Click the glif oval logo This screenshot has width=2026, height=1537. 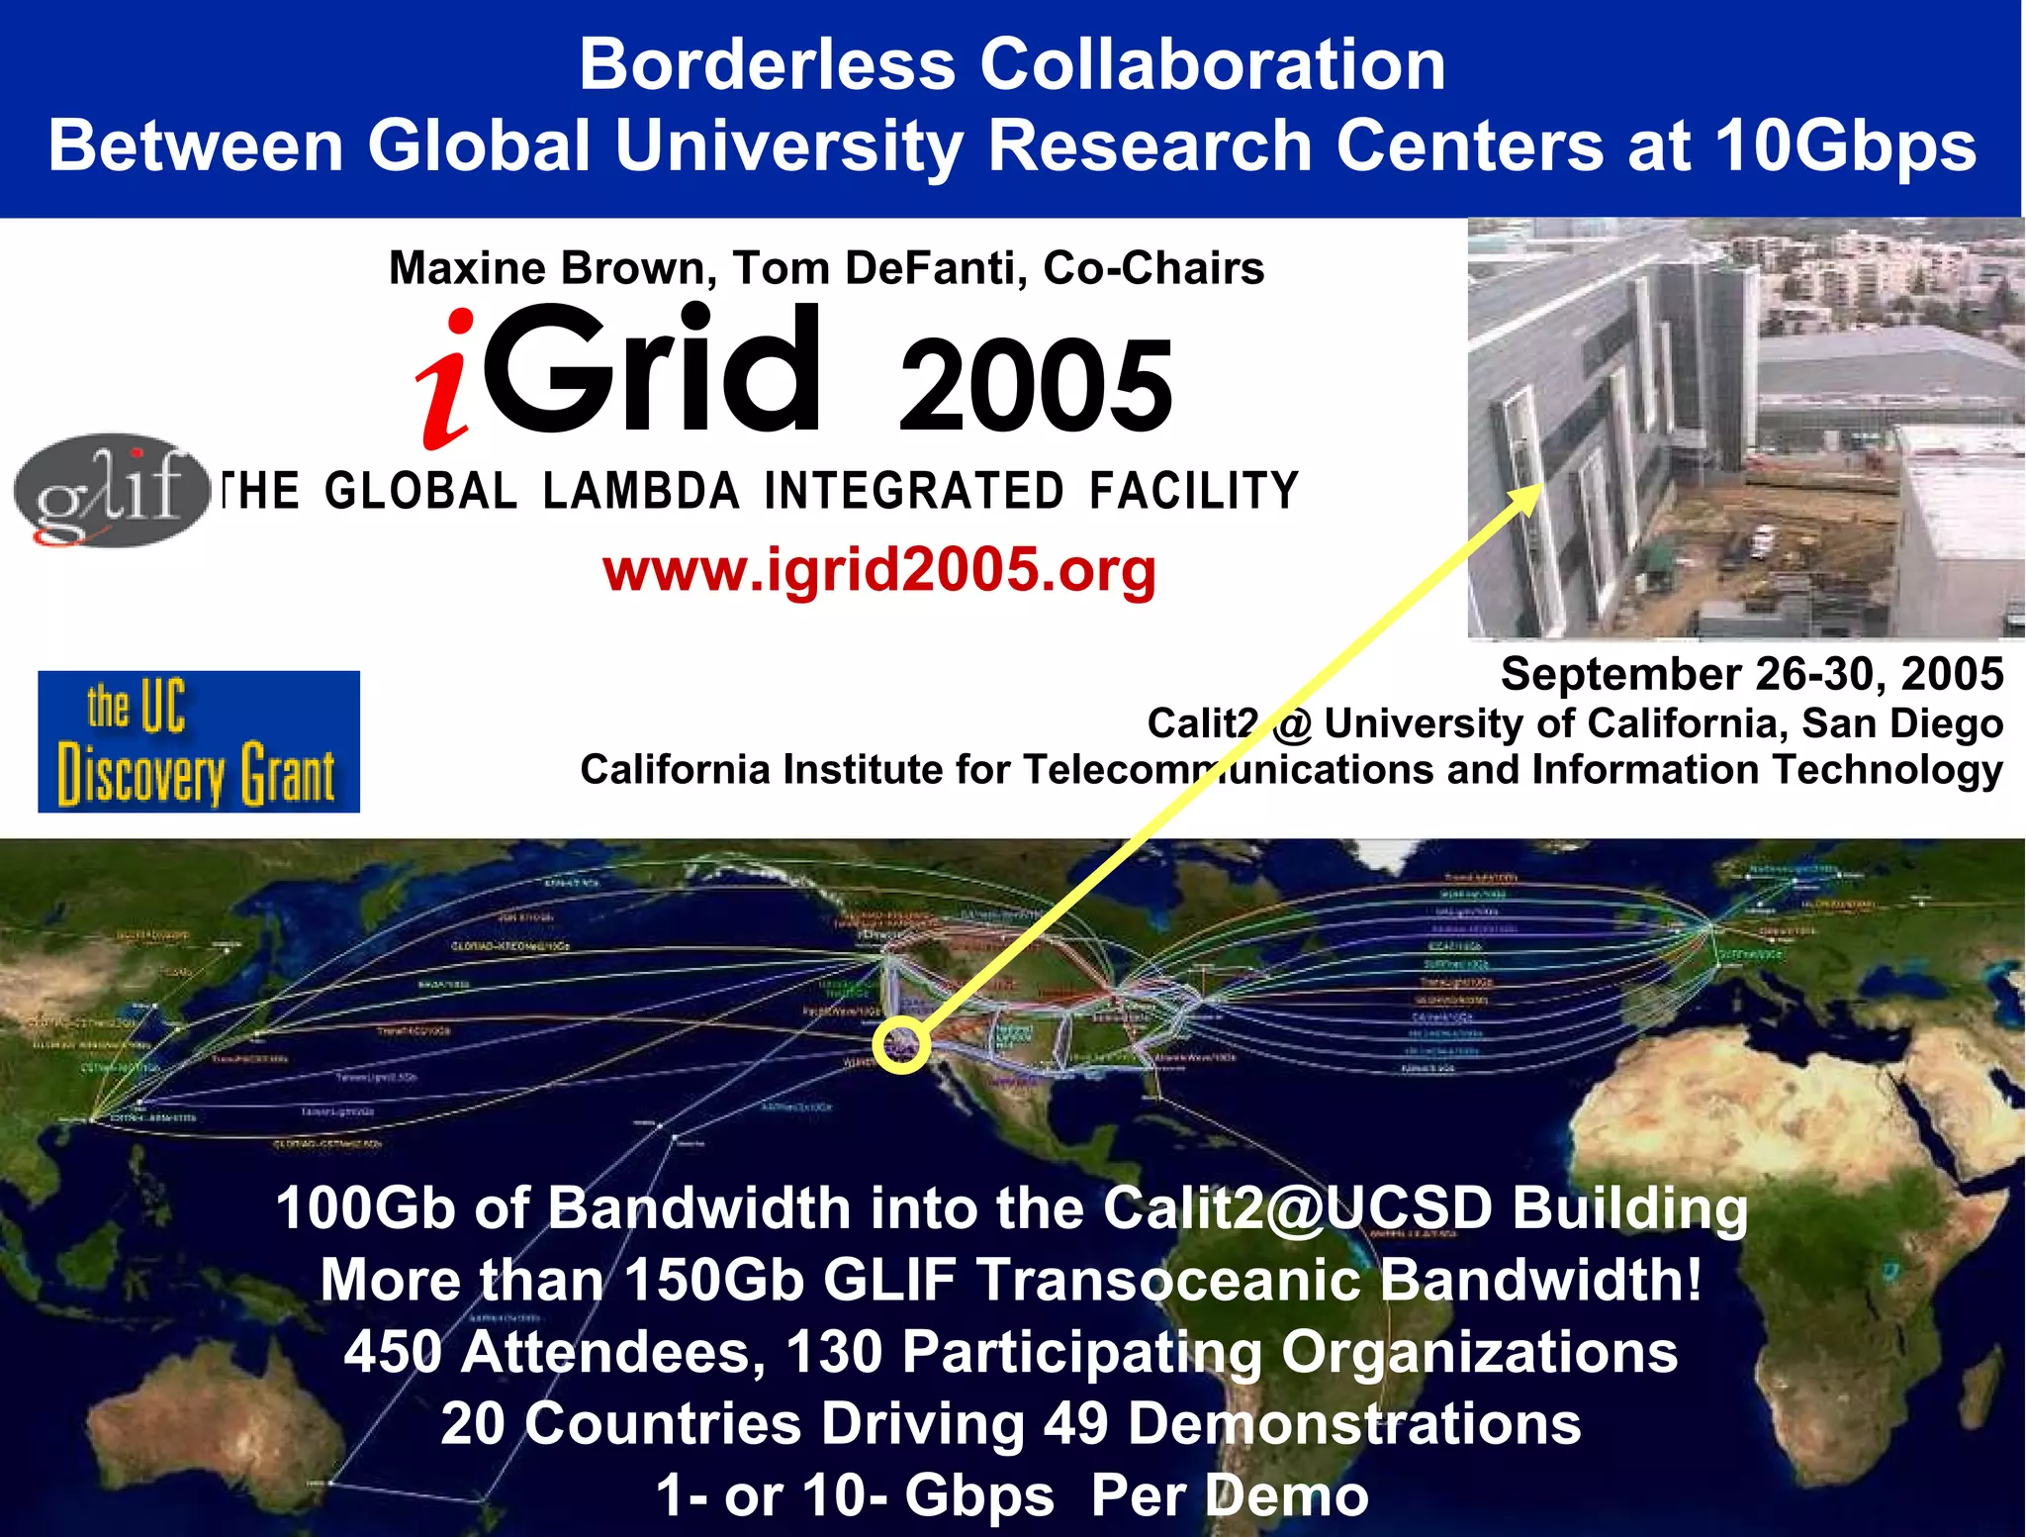coord(111,490)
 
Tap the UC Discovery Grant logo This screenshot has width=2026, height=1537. coord(198,741)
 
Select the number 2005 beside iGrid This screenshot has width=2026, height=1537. coord(1036,385)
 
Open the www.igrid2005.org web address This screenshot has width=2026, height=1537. coord(878,570)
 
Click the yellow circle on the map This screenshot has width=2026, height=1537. coord(901,1044)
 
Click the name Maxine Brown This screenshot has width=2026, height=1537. coord(552,268)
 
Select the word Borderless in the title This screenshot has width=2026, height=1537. coord(767,65)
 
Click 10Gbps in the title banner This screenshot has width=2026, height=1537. coord(1845,146)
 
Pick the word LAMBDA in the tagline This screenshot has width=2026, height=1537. coord(641,492)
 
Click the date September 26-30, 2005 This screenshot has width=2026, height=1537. coord(1751,674)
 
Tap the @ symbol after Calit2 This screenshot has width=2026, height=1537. coord(1291,724)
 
